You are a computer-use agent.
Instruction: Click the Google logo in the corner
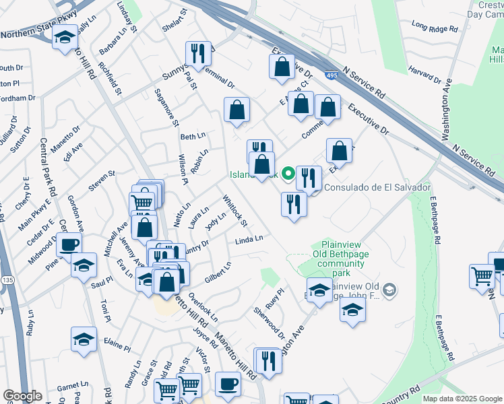(22, 396)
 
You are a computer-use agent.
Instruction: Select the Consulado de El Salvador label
(377, 187)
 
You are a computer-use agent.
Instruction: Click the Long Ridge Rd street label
(435, 28)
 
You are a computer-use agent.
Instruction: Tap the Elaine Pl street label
(117, 346)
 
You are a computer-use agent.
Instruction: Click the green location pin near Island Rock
(288, 174)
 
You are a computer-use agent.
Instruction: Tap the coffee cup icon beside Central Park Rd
(69, 244)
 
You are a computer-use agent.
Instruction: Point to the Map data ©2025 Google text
(462, 399)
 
